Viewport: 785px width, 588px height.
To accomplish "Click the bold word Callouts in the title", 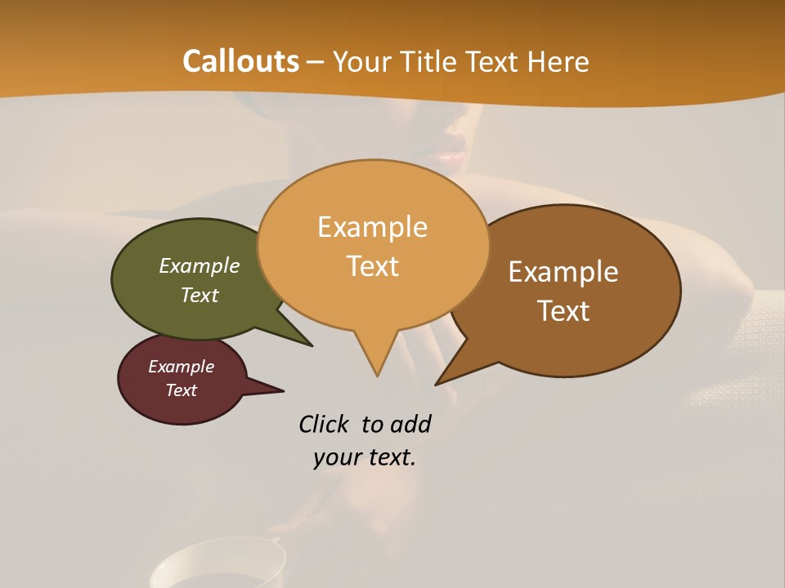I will tap(241, 61).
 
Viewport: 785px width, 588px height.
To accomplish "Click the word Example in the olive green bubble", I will tap(200, 265).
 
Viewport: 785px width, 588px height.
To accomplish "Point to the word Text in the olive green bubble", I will tap(200, 295).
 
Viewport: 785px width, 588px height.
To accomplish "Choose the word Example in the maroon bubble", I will tap(182, 367).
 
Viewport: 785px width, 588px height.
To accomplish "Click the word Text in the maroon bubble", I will tap(182, 390).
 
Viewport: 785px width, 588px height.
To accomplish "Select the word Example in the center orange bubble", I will tap(373, 227).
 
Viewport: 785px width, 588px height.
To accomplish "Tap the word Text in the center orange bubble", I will tap(373, 266).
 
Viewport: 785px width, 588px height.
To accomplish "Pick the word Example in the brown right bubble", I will tap(563, 272).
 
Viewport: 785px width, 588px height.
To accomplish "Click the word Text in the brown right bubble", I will tap(563, 311).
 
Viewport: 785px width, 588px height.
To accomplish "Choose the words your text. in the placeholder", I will tap(365, 457).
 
